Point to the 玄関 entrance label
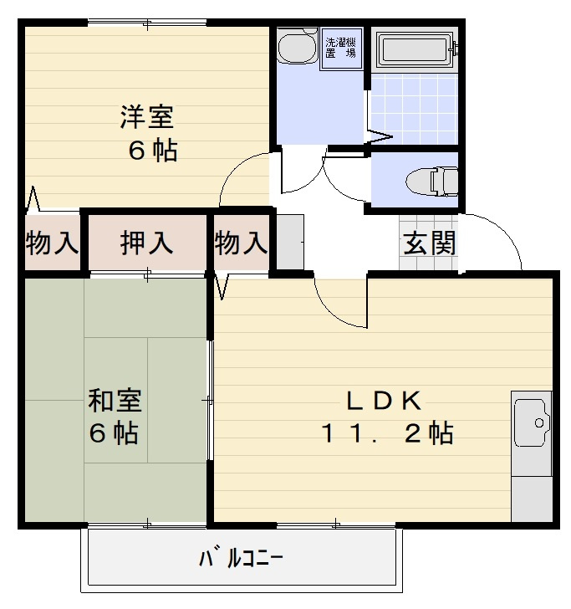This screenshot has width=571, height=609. pyautogui.click(x=429, y=243)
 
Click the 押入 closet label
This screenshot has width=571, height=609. pyautogui.click(x=147, y=243)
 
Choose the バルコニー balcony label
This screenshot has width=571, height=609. pyautogui.click(x=241, y=557)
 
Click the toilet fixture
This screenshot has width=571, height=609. pyautogui.click(x=431, y=179)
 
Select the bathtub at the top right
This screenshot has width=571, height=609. pyautogui.click(x=415, y=49)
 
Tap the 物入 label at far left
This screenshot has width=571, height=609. pyautogui.click(x=52, y=243)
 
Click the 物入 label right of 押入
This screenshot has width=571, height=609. pyautogui.click(x=241, y=243)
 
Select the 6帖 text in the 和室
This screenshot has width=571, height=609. pyautogui.click(x=114, y=434)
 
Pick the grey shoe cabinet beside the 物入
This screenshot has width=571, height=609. pyautogui.click(x=288, y=243)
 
